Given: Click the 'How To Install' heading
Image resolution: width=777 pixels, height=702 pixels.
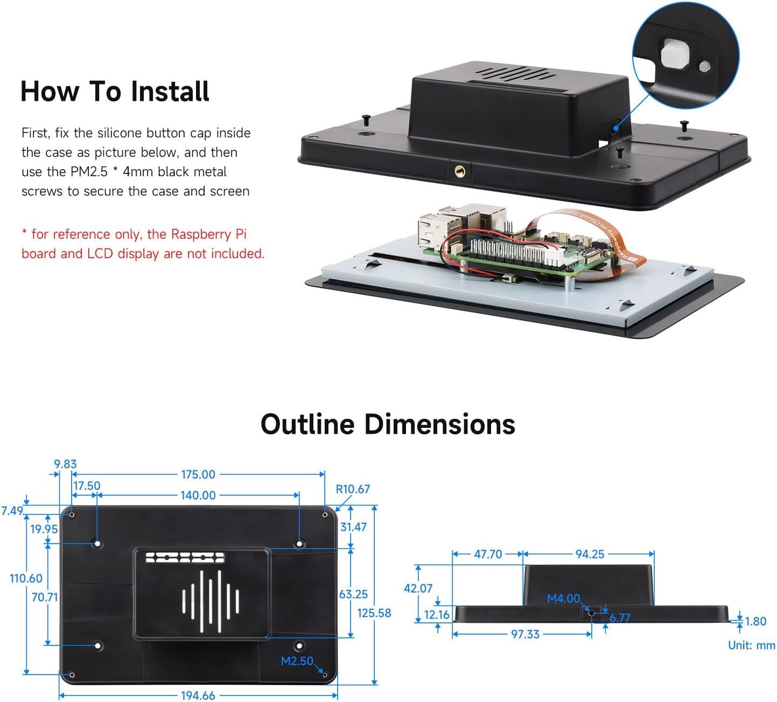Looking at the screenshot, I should [115, 91].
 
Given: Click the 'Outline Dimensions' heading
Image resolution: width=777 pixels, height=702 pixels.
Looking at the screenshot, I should [388, 424].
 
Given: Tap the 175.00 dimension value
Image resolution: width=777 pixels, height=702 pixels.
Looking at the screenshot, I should [198, 475].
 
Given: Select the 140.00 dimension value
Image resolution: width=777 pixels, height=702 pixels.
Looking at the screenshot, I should [198, 495].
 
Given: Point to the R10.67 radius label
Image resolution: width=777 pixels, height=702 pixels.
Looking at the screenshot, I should [353, 489].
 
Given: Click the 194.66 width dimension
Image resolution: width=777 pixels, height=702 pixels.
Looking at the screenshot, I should [198, 696].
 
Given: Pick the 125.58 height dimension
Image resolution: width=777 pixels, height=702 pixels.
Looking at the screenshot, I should [374, 613].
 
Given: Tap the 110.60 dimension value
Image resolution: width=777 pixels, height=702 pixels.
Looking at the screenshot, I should [26, 579].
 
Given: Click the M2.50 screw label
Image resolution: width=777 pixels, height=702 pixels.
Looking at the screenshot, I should [297, 661].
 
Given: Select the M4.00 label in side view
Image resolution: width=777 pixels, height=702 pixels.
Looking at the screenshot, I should [563, 599].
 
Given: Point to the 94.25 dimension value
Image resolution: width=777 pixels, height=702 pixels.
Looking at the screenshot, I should [590, 554].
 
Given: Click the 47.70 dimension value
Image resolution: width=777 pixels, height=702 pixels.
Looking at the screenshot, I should [488, 554].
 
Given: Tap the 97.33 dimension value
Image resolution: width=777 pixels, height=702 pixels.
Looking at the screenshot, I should [525, 634].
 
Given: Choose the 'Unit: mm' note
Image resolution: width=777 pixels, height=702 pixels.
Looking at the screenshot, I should [751, 645].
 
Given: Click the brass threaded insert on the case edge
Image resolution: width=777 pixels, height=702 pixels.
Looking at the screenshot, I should [460, 171].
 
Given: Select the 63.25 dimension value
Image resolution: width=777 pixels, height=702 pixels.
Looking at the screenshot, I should [353, 594].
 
